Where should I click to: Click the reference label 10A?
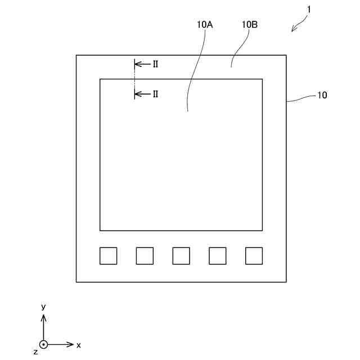[x=205, y=25]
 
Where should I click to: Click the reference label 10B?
[x=250, y=25]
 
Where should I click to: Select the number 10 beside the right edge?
[x=322, y=95]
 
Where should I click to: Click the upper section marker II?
[x=155, y=64]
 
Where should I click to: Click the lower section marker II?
[x=155, y=94]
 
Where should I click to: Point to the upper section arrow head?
[x=137, y=64]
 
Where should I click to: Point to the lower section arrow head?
[x=137, y=94]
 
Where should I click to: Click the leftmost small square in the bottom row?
[x=109, y=255]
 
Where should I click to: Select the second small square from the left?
[x=145, y=255]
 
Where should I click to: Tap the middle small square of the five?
[x=181, y=255]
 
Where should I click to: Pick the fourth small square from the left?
[x=218, y=255]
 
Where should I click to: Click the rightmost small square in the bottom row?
[x=254, y=255]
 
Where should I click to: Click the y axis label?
[x=43, y=307]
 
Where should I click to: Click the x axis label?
[x=79, y=344]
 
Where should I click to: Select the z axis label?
[x=35, y=352]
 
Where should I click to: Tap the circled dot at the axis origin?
[x=43, y=344]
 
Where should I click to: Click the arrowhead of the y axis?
[x=43, y=317]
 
